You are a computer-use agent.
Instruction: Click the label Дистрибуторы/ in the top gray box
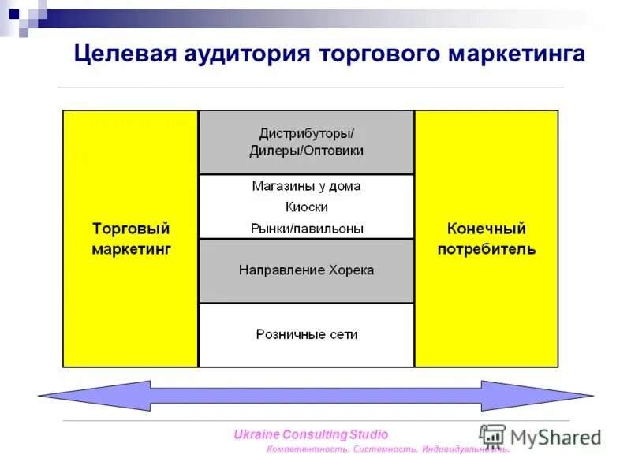click(x=306, y=132)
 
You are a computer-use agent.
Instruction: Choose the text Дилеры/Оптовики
click(x=306, y=150)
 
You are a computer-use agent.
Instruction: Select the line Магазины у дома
click(x=306, y=187)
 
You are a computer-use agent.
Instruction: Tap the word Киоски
click(x=306, y=207)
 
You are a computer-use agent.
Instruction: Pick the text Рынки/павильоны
click(x=306, y=229)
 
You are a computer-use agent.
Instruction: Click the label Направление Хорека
click(x=306, y=270)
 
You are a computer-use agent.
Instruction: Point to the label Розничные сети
click(x=306, y=334)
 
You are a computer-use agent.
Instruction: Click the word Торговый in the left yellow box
click(x=131, y=229)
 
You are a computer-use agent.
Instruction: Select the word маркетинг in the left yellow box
click(x=131, y=249)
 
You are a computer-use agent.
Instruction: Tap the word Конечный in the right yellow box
click(x=486, y=229)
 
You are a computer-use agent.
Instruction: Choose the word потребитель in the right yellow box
click(x=486, y=249)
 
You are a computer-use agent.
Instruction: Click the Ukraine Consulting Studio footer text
click(x=311, y=434)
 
